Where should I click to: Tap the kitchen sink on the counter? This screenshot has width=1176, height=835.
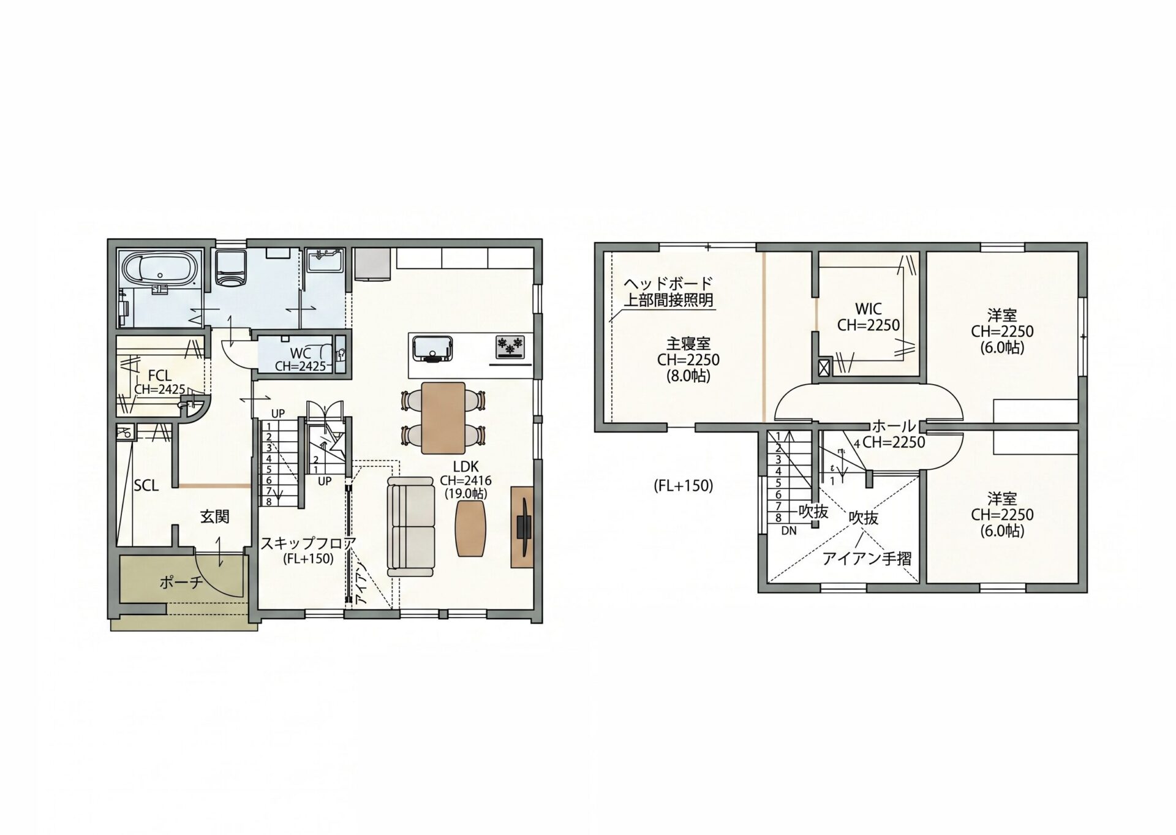432,347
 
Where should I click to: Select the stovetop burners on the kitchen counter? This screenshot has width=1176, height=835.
510,346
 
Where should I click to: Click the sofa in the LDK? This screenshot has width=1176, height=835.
411,527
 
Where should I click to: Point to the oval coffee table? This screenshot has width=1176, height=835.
470,529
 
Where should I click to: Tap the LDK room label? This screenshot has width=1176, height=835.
466,467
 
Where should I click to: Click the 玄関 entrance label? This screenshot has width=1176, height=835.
214,516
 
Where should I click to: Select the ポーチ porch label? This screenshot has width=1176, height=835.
181,581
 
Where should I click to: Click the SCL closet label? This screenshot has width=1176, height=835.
146,486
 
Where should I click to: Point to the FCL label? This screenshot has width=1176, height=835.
160,375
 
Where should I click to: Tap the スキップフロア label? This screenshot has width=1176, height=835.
308,543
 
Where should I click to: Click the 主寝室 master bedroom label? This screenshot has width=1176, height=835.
688,344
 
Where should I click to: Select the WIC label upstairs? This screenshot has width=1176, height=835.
869,309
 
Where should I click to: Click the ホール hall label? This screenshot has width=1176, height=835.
894,426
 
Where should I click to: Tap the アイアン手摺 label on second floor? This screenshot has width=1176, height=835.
867,558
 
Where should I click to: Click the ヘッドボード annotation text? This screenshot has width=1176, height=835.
668,283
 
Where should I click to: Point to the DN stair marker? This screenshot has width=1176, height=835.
789,531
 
